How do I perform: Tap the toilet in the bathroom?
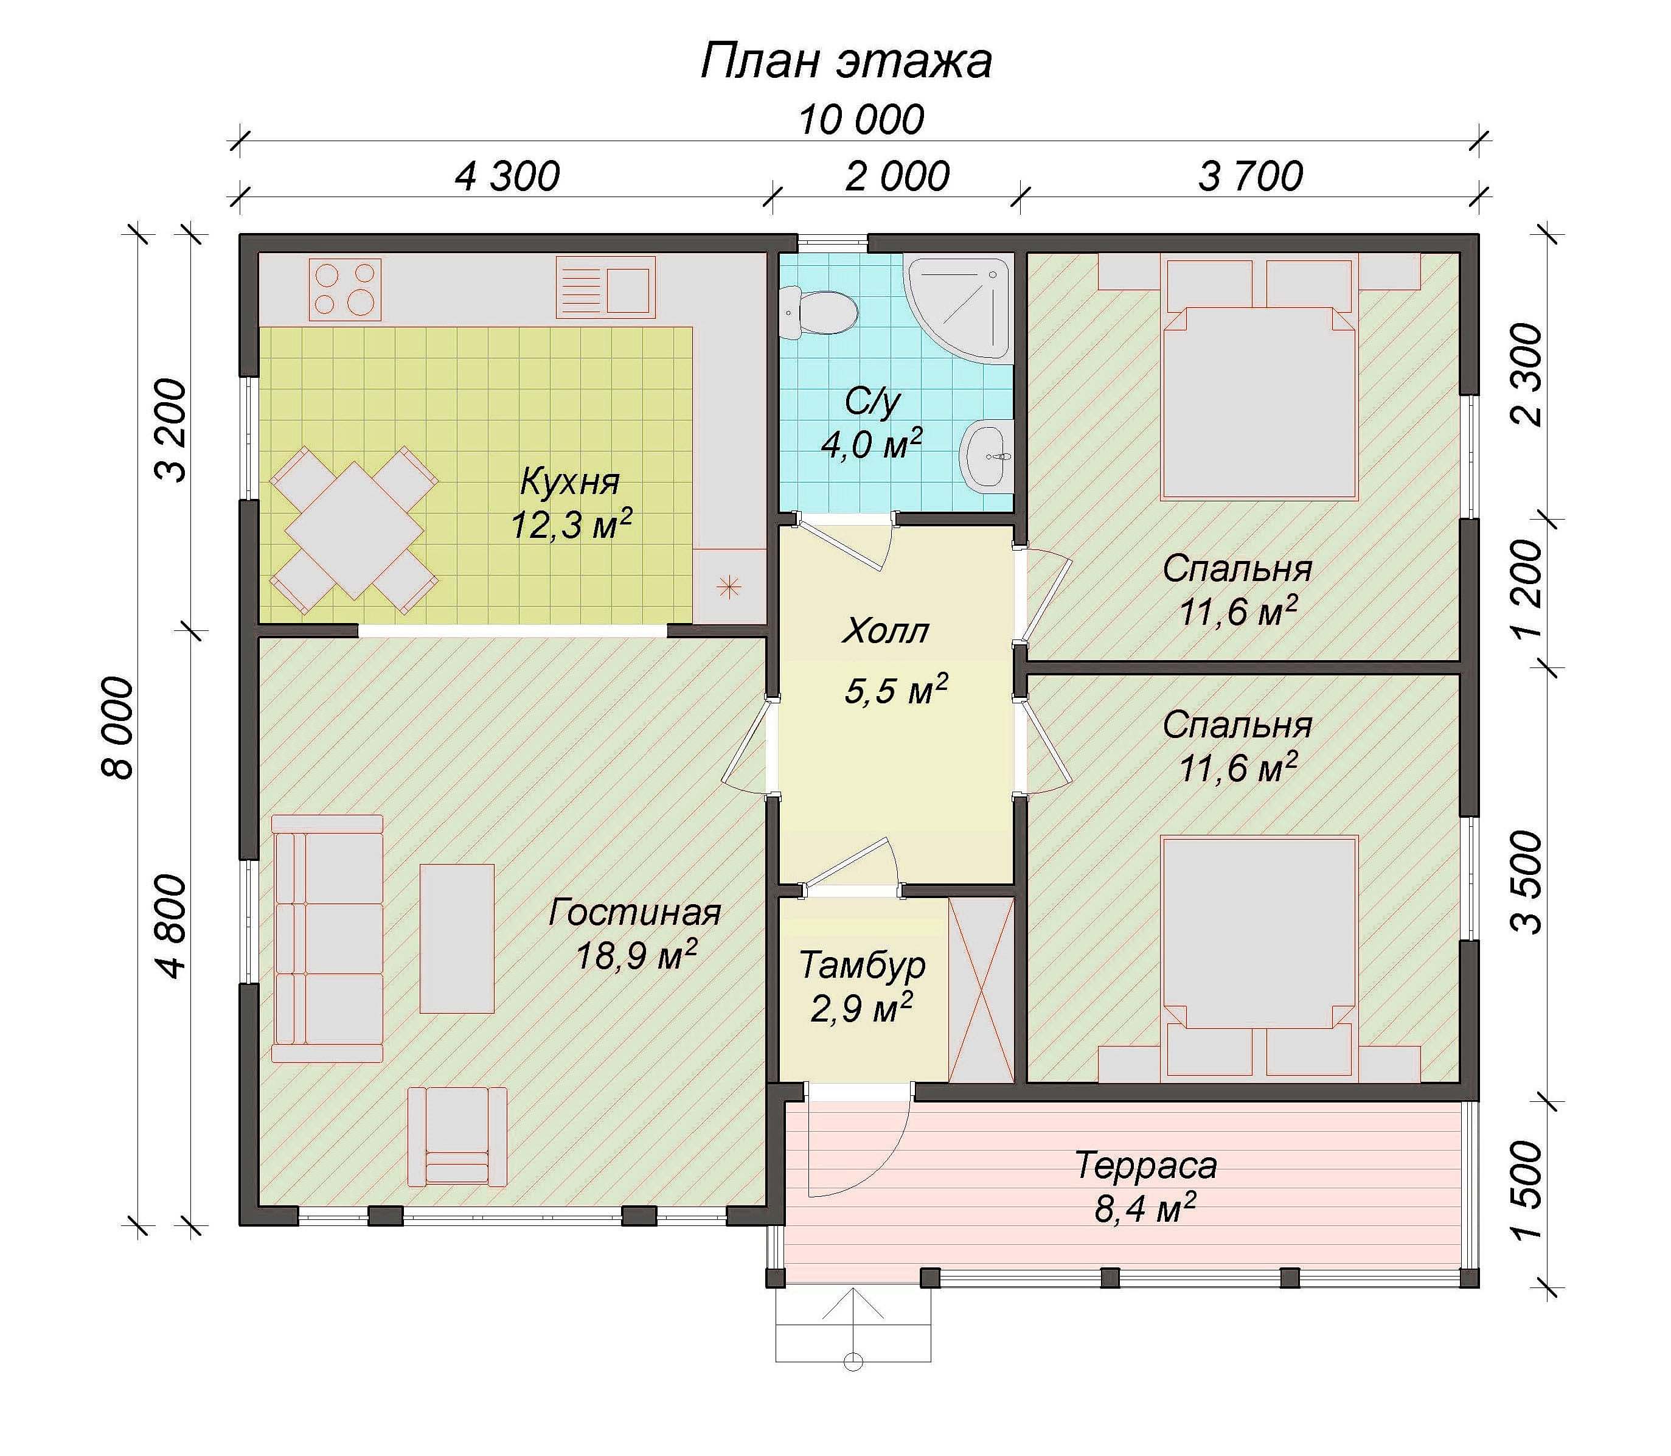(817, 313)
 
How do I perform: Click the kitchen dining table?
(354, 530)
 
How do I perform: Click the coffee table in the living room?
(457, 938)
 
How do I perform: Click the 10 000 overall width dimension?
(861, 120)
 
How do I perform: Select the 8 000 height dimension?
(119, 729)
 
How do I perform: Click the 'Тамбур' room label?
(862, 965)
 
